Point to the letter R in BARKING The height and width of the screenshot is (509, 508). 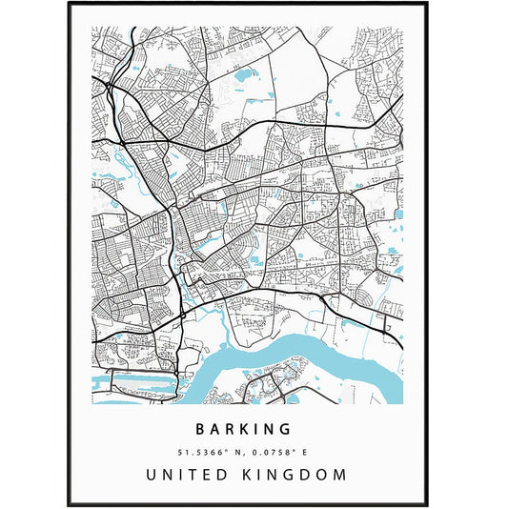pos(234,430)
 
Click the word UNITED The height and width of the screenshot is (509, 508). pos(194,474)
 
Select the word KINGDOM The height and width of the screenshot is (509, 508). pos(301,474)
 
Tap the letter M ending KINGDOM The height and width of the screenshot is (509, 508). pos(340,474)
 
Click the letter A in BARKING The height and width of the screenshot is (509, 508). pos(218,430)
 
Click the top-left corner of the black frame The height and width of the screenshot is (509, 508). pos(70,3)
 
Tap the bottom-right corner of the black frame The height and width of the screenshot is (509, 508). pos(437,505)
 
